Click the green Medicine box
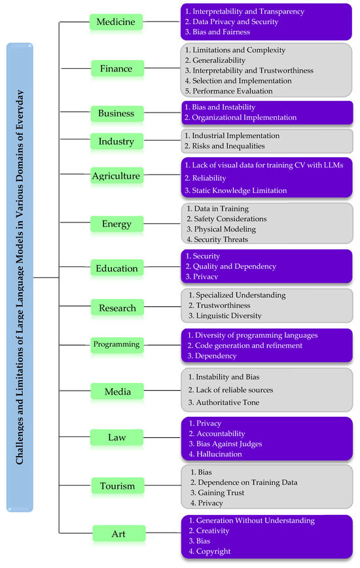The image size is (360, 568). tap(115, 22)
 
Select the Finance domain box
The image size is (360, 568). tap(115, 69)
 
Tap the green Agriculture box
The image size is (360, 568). tap(115, 175)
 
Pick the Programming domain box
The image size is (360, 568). tap(115, 344)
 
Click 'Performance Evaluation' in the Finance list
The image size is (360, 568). tap(232, 92)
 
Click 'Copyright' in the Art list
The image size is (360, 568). tap(212, 552)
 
